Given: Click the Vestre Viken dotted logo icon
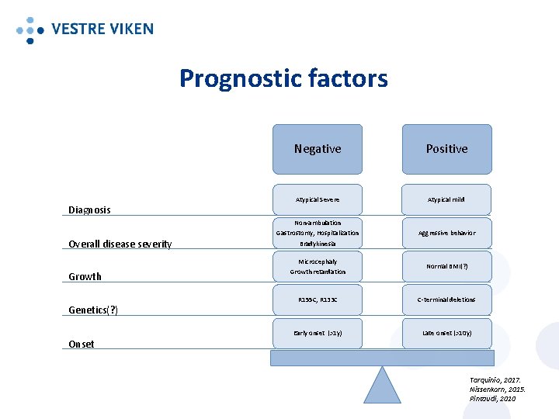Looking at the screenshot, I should pos(30,29).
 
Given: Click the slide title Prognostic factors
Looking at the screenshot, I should pos(283,78).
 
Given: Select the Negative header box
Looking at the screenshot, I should pos(317,149).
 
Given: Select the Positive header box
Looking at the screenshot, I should pos(446,149).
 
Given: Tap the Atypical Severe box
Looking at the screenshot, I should pos(317,199).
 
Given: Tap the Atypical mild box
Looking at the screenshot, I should pos(446,199).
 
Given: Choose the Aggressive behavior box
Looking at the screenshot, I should pos(446,233).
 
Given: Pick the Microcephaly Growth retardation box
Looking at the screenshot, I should pos(317,266).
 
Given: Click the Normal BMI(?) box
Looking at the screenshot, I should pos(446,266).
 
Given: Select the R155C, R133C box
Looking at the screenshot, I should pos(317,300).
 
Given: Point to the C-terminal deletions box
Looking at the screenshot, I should pos(446,300).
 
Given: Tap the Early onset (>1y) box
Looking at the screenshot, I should pos(317,333).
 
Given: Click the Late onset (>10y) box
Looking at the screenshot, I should pos(446,333).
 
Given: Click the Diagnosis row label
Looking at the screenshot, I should pos(89,209).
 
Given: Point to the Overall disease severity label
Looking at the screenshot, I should pos(120,244).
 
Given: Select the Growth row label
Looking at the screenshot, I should pos(85,276).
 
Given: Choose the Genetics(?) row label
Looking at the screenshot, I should pos(92,310).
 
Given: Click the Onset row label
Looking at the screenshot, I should pos(82,345).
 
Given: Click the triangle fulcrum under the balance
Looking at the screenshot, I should pos(382,388).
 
